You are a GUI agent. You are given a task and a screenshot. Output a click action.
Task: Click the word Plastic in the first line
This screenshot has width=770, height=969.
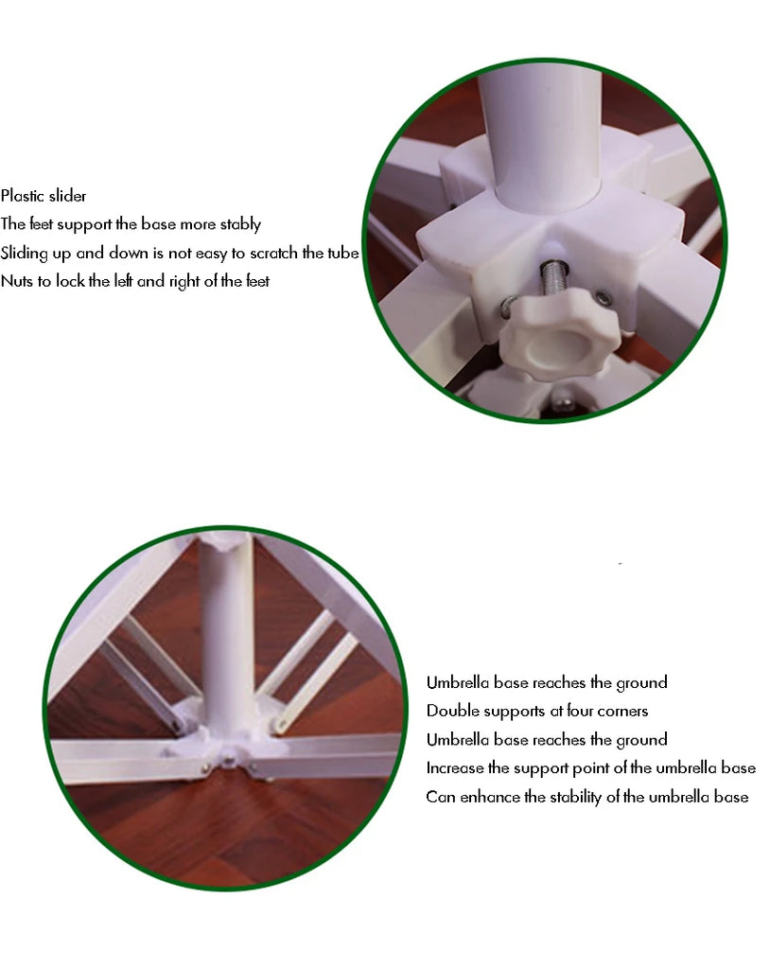[x=23, y=196]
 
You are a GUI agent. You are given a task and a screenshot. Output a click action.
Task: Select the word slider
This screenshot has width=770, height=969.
[x=67, y=196]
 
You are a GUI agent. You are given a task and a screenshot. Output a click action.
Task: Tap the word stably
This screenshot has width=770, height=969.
[x=240, y=224]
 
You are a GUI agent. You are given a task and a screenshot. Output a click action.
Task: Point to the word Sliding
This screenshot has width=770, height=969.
[x=24, y=254]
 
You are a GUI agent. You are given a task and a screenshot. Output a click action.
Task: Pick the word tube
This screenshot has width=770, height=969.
[x=343, y=253]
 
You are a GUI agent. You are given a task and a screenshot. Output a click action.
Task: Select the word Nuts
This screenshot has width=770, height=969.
[x=17, y=281]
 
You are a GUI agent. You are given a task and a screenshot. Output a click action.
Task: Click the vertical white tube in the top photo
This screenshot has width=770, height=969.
[x=539, y=137]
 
